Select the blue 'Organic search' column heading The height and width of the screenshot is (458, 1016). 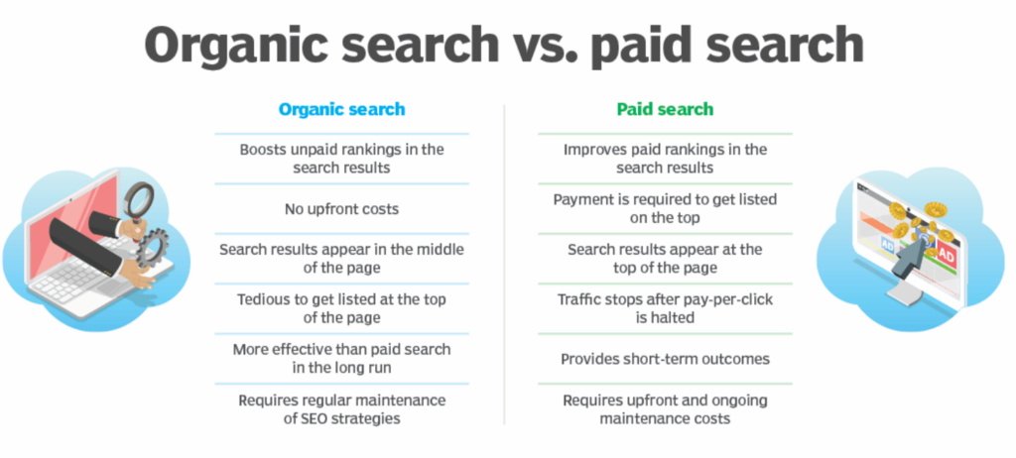[x=341, y=109]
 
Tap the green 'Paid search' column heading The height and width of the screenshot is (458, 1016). [x=665, y=109]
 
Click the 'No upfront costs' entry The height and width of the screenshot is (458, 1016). [x=341, y=209]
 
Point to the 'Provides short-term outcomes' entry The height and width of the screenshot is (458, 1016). [x=665, y=358]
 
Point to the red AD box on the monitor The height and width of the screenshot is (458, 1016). [x=946, y=257]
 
